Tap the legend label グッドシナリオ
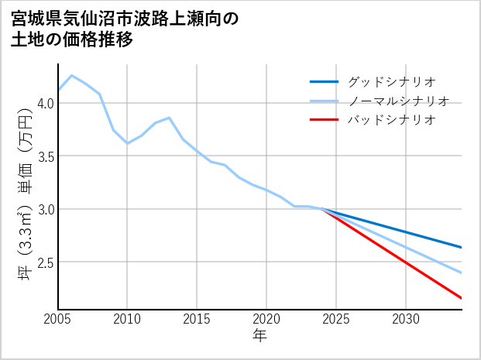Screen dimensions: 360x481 point(392,81)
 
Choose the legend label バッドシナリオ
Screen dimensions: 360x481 point(392,120)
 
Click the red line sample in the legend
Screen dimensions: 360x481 point(324,120)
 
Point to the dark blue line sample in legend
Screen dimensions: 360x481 point(324,81)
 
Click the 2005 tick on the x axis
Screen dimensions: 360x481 point(58,319)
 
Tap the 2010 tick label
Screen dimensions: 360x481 point(128,319)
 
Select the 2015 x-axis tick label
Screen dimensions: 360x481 point(198,319)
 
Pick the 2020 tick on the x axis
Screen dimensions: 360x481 point(266,319)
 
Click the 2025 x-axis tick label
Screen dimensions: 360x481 point(336,319)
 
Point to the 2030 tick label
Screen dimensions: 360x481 point(406,319)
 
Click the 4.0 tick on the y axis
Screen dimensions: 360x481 point(44,103)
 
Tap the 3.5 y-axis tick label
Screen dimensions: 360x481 point(44,156)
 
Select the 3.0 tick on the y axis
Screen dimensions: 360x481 point(44,209)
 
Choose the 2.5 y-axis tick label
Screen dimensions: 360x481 point(44,262)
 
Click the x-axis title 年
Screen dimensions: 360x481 point(260,336)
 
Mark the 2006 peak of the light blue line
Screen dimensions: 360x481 point(72,76)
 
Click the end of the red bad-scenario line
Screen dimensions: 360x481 point(462,298)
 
